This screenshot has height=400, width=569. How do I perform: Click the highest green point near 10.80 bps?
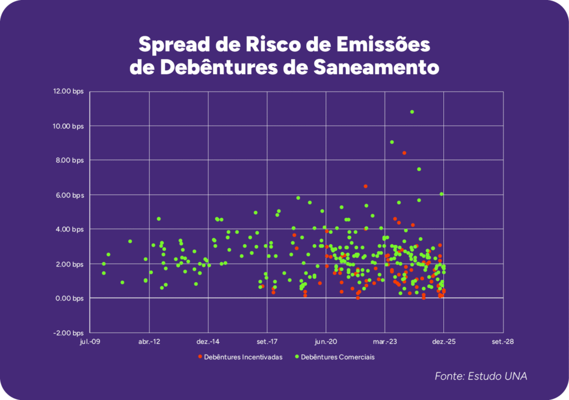coord(412,112)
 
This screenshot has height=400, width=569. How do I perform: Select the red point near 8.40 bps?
coord(404,153)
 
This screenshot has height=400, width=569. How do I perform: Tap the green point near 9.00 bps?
coord(392,142)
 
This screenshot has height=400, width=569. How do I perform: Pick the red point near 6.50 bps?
coord(365,186)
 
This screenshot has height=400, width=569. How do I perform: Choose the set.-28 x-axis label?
coord(502,342)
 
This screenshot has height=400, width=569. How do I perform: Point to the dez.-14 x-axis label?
coord(208,342)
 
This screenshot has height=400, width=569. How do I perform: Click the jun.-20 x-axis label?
coord(326,342)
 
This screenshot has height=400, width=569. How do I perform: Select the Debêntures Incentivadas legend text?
coord(243,357)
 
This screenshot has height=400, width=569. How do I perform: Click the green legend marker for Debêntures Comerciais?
coord(298,357)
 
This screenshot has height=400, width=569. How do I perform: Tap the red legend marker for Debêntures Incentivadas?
coord(200,357)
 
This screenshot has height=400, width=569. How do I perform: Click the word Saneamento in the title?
coord(379,67)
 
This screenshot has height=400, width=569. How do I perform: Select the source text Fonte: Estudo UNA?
coord(481,377)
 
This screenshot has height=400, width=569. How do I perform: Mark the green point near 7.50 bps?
coord(419,169)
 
